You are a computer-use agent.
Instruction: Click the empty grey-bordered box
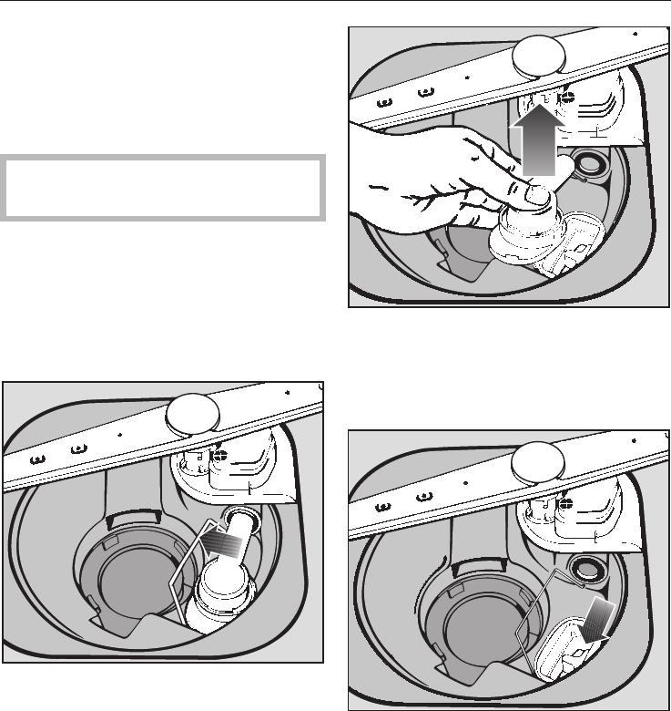click(164, 188)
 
